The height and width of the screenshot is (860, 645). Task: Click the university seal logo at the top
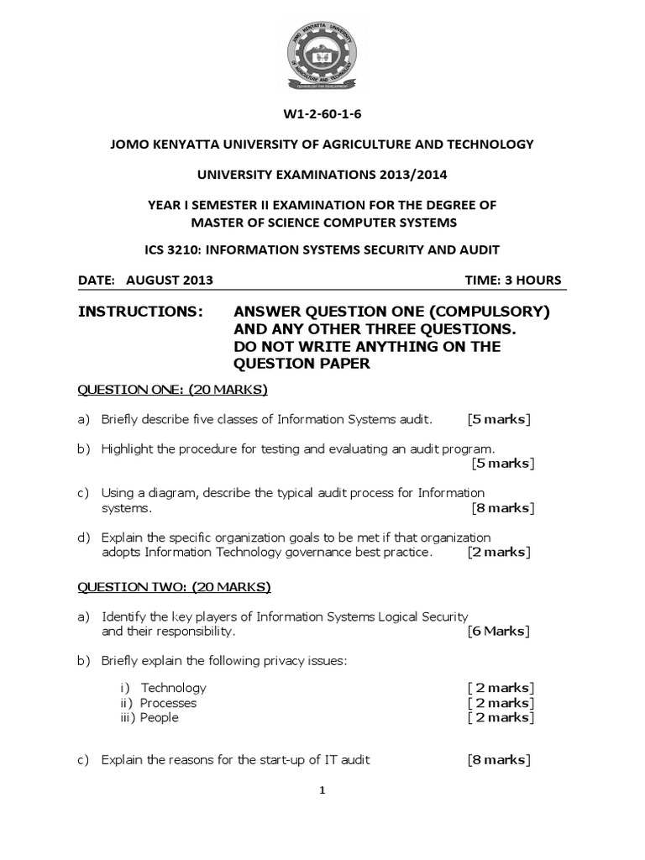tap(322, 57)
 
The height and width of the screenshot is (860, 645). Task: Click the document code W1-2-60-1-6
tap(322, 113)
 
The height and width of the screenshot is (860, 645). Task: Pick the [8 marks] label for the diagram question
tap(501, 507)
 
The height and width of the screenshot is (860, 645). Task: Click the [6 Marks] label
tap(499, 631)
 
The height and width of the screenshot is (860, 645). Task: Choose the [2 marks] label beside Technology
tap(501, 687)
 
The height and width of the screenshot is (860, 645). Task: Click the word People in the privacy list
tap(160, 717)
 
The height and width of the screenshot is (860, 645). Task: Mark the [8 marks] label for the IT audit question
tap(498, 760)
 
